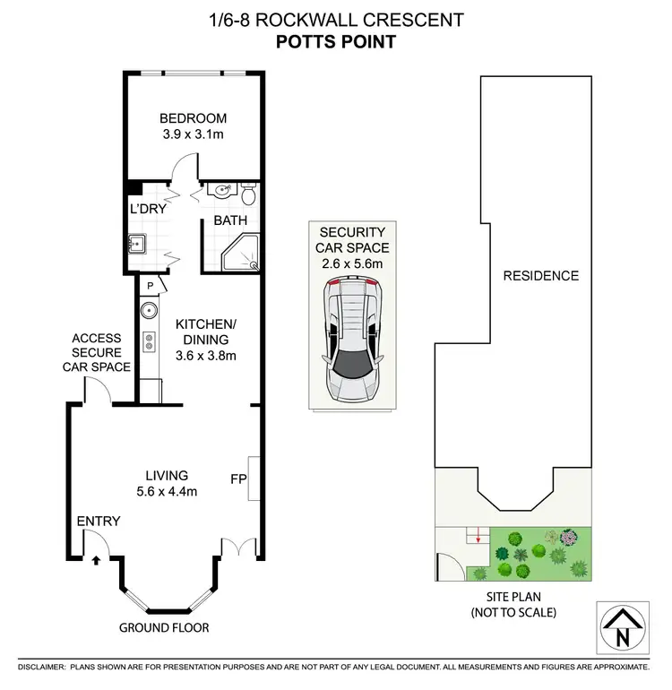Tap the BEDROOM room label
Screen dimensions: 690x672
pos(193,118)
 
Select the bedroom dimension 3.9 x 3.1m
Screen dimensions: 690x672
pos(193,136)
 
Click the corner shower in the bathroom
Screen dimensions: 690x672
pos(243,253)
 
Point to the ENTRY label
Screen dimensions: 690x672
pos(92,521)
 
